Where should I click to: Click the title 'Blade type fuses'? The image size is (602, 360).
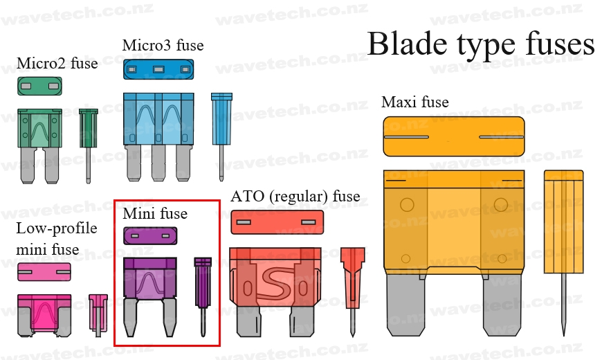pyautogui.click(x=480, y=44)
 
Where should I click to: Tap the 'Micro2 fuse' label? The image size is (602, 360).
pyautogui.click(x=57, y=64)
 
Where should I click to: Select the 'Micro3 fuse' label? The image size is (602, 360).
pyautogui.click(x=163, y=46)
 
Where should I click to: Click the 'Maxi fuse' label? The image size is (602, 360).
pyautogui.click(x=414, y=102)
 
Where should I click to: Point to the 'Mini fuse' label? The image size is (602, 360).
pyautogui.click(x=155, y=213)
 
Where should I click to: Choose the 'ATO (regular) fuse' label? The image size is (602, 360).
pyautogui.click(x=295, y=197)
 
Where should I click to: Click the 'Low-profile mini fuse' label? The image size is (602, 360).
pyautogui.click(x=57, y=238)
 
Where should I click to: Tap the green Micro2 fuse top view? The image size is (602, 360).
pyautogui.click(x=40, y=86)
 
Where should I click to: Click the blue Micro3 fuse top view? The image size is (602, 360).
pyautogui.click(x=158, y=69)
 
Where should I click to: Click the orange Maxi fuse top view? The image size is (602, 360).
pyautogui.click(x=453, y=136)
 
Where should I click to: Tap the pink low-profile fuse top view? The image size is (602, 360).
pyautogui.click(x=44, y=272)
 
